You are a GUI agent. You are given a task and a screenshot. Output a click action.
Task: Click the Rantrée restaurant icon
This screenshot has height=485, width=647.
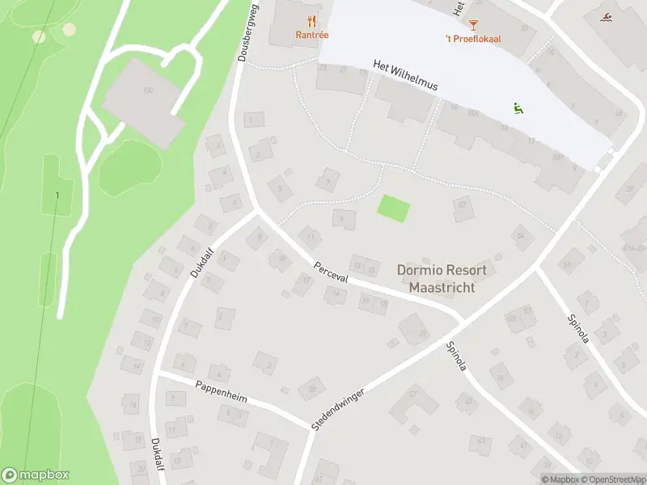[311, 21]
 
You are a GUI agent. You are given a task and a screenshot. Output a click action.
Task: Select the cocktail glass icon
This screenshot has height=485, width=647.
[473, 26]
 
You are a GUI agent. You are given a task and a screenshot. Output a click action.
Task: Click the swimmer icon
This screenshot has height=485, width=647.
[607, 18]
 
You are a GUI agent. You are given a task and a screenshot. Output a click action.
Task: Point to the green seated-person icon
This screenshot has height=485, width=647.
[517, 108]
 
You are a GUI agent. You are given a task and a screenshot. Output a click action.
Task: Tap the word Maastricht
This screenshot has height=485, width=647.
[442, 288]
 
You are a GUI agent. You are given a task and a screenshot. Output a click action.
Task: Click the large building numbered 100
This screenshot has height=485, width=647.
[146, 101]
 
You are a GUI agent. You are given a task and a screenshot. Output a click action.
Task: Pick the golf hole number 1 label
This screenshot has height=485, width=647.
[57, 196]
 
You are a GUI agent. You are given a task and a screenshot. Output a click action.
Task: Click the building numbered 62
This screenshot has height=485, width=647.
[462, 207]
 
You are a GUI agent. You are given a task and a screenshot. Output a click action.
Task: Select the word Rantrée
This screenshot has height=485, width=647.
[311, 35]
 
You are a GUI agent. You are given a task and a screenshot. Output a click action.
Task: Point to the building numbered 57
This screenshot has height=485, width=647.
[411, 395]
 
